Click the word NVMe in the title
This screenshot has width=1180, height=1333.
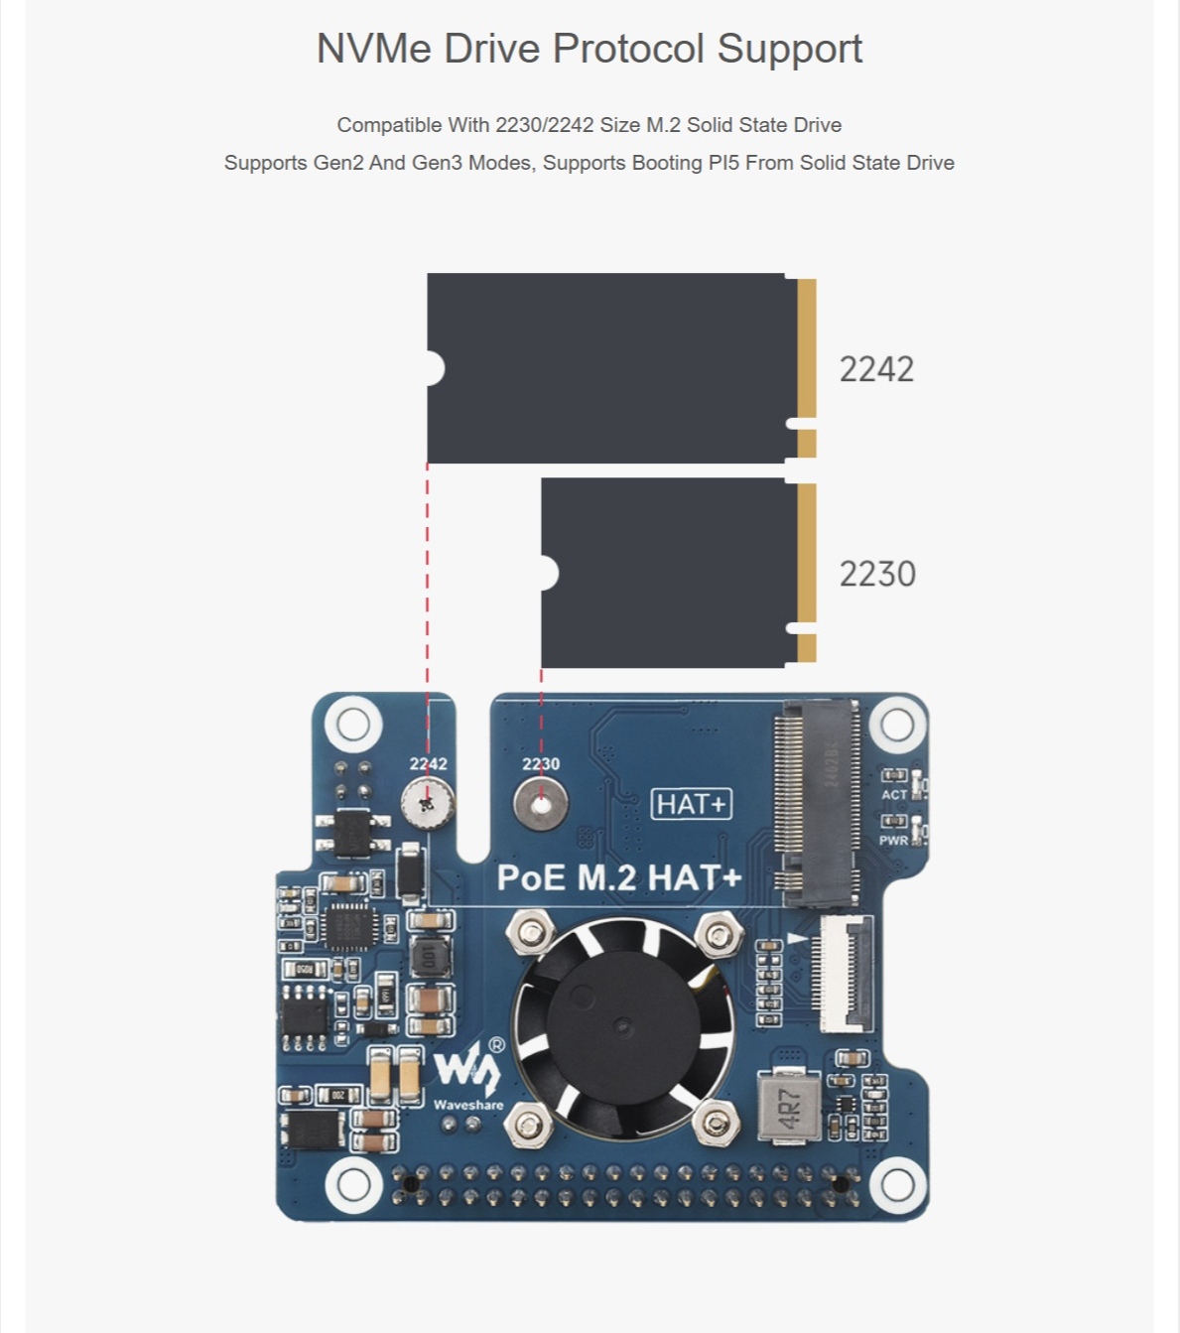(373, 49)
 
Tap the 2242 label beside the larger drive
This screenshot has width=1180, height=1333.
(876, 369)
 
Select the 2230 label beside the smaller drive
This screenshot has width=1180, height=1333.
(877, 574)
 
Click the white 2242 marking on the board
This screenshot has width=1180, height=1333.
(428, 763)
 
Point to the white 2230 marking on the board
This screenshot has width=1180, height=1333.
(541, 763)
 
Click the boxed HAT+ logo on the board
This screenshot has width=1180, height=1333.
(692, 804)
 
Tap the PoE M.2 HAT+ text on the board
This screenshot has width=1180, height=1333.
(618, 877)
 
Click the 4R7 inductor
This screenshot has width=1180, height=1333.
(789, 1107)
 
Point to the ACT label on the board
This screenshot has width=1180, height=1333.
(894, 794)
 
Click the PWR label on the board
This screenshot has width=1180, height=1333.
(893, 840)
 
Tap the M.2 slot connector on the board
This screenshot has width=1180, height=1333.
(818, 802)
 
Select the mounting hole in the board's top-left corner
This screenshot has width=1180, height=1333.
(352, 724)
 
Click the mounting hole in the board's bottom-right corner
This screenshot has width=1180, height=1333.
(897, 1184)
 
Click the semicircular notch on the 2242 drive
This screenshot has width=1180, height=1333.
(435, 368)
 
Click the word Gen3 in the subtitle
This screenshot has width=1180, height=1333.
(437, 163)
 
